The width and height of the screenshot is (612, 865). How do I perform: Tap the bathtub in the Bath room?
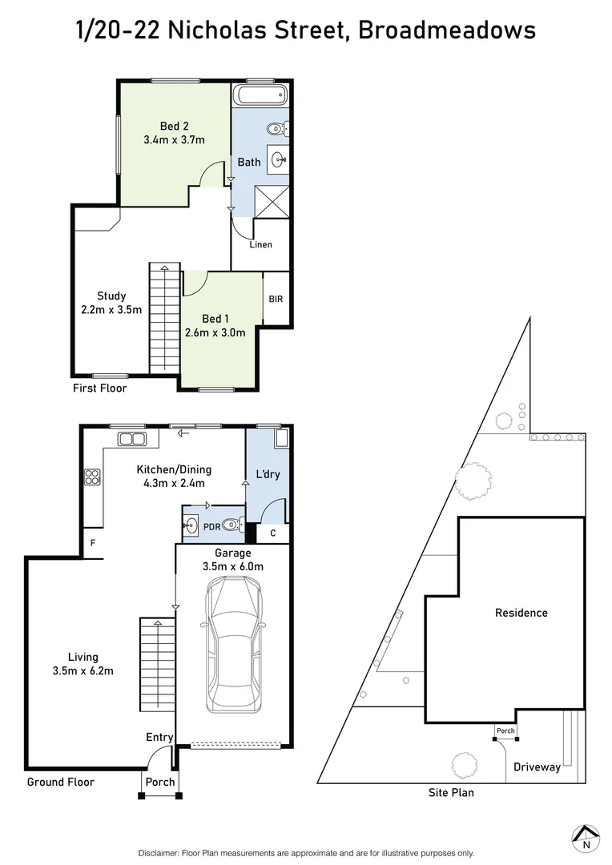pos(260,97)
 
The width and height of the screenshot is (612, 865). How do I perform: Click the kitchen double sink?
pos(131,438)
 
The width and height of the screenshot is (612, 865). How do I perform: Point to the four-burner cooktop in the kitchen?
pos(91,477)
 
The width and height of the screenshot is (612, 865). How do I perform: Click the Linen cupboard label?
pos(261,245)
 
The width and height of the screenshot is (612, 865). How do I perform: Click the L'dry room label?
pos(268,475)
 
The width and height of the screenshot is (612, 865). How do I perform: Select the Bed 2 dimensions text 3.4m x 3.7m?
pos(174,140)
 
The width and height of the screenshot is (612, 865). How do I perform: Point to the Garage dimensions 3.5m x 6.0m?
pos(233,566)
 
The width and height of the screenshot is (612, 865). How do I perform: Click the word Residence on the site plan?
pos(521,613)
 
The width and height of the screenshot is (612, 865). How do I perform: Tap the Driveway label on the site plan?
pos(537,767)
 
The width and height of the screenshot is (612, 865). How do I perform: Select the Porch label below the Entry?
pos(159,782)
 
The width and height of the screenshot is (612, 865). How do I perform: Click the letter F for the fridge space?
pos(93,542)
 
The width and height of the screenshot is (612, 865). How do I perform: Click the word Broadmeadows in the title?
pos(447,30)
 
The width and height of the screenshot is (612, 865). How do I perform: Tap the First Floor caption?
pos(99,388)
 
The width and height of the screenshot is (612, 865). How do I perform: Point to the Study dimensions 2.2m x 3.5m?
pos(111,310)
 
